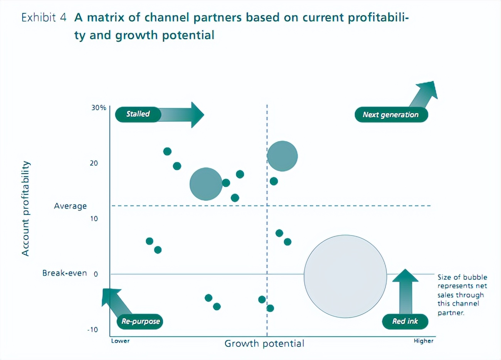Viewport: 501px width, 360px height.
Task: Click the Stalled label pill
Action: point(138,114)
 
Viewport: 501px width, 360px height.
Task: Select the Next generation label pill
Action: point(391,115)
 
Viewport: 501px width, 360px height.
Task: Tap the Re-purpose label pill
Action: point(140,321)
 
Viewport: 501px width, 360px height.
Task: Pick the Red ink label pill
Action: point(405,321)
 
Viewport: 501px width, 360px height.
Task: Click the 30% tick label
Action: point(99,108)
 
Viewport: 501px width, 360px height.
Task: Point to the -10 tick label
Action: point(92,330)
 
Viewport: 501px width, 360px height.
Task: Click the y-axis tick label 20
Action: point(94,163)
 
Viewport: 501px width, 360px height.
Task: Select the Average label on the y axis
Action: point(70,206)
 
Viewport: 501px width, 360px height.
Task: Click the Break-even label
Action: point(64,273)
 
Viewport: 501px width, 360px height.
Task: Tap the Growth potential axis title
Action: point(264,343)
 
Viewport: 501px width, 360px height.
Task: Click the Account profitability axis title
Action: point(25,208)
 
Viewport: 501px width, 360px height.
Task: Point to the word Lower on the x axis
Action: point(120,341)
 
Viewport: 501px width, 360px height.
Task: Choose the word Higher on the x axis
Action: point(424,341)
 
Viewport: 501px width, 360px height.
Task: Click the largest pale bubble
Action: point(345,276)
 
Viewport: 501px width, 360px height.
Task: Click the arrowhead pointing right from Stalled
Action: point(197,114)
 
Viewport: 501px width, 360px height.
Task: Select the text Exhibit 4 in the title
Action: point(44,17)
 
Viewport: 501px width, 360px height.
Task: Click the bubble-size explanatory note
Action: point(462,295)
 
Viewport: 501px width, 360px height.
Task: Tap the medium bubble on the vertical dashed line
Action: point(282,156)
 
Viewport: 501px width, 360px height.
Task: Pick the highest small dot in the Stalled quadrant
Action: point(167,151)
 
